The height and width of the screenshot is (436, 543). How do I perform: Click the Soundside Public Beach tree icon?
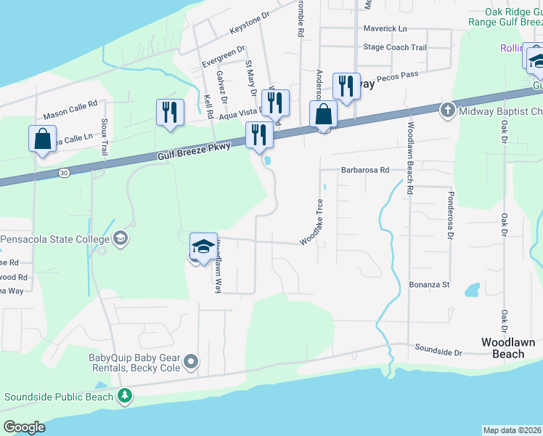[x=126, y=396]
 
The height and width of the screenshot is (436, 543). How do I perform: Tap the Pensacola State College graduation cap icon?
[x=120, y=238]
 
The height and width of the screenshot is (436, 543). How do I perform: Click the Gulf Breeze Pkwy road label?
[x=194, y=151]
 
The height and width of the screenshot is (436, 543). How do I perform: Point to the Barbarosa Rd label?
[x=365, y=170]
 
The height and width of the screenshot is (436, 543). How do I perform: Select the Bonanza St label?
[x=429, y=285]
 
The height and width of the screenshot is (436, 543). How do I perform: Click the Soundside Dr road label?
[x=438, y=352]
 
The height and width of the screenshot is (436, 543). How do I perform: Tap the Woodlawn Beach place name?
[x=508, y=348]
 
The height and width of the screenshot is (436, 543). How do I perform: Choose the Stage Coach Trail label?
[x=395, y=47]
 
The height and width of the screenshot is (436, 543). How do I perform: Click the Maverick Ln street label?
[x=385, y=28]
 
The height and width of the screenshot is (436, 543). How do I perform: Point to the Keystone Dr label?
[x=249, y=24]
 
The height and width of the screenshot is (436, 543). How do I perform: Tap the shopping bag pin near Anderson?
[x=323, y=115]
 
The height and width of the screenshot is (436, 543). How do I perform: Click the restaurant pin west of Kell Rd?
[x=170, y=113]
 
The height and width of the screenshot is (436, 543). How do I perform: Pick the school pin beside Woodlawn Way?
[x=203, y=247]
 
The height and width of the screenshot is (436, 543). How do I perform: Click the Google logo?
[x=24, y=427]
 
